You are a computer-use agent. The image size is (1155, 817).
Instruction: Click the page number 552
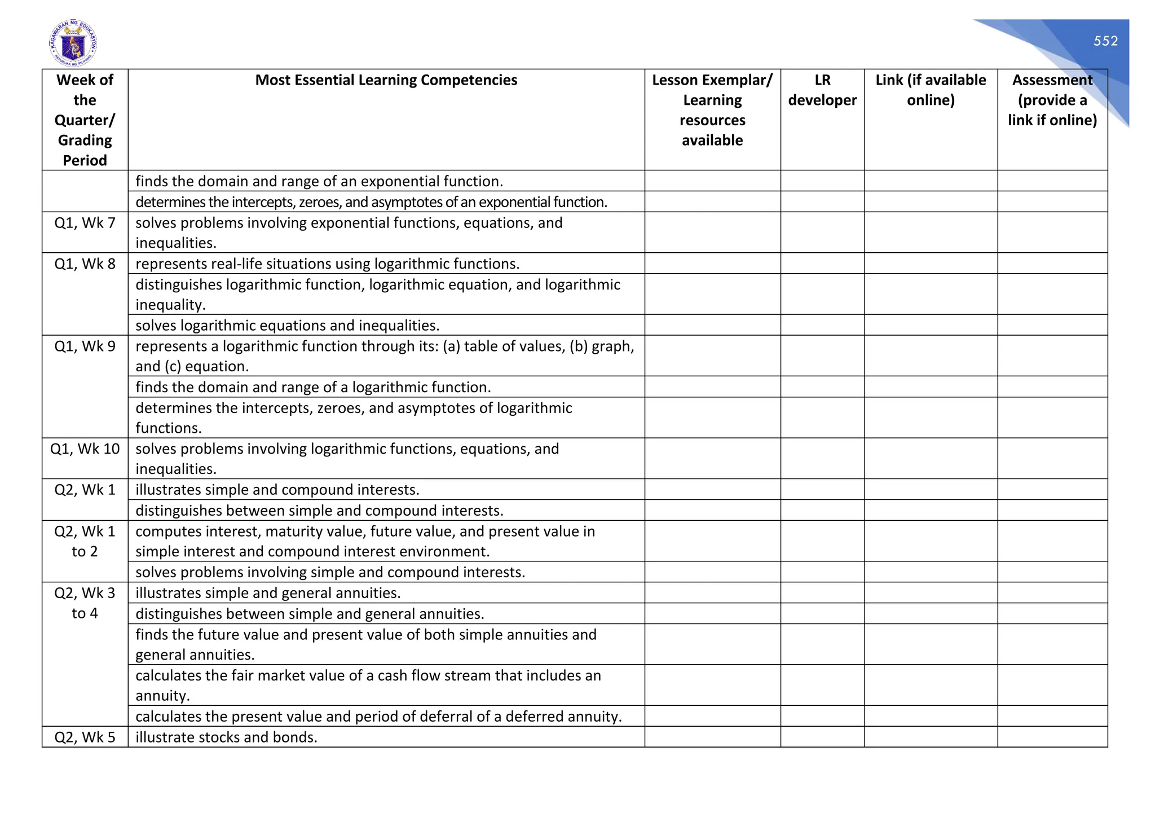point(1105,41)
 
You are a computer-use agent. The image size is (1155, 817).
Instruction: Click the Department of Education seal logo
point(73,43)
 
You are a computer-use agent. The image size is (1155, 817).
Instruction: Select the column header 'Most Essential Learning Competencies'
point(386,80)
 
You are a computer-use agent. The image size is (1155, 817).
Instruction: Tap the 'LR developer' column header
point(822,90)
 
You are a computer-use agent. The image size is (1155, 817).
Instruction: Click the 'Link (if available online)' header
point(931,90)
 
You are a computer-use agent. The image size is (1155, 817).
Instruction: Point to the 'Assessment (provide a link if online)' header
point(1052,100)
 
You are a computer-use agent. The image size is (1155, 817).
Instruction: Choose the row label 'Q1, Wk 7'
point(85,223)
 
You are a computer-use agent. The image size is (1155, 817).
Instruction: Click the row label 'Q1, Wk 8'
point(85,264)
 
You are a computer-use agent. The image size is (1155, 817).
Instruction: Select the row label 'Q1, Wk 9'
point(85,346)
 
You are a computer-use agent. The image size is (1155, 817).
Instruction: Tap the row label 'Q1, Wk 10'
point(85,449)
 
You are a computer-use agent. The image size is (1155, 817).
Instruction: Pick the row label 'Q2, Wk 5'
point(85,737)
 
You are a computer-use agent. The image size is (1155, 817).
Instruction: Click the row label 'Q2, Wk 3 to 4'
point(85,603)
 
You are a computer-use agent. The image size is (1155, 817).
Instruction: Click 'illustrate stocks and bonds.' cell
point(226,737)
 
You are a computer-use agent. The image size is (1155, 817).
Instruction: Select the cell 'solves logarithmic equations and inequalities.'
point(287,326)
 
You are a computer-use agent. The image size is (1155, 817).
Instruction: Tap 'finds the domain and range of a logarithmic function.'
point(313,388)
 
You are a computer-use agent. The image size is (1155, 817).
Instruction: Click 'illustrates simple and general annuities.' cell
point(268,593)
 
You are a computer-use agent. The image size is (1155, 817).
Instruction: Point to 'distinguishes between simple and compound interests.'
point(319,511)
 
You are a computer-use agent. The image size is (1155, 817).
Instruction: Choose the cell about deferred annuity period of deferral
point(378,717)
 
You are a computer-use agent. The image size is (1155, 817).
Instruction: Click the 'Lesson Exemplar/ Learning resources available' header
point(712,110)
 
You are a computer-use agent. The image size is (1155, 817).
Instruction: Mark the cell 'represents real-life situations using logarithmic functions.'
point(327,264)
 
